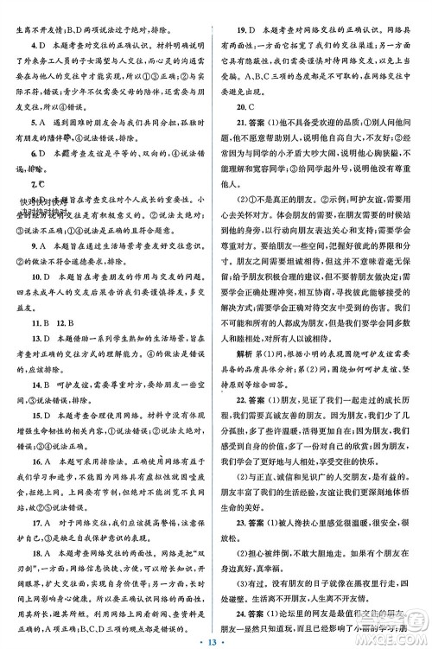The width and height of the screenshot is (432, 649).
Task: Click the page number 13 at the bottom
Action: click(216, 639)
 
